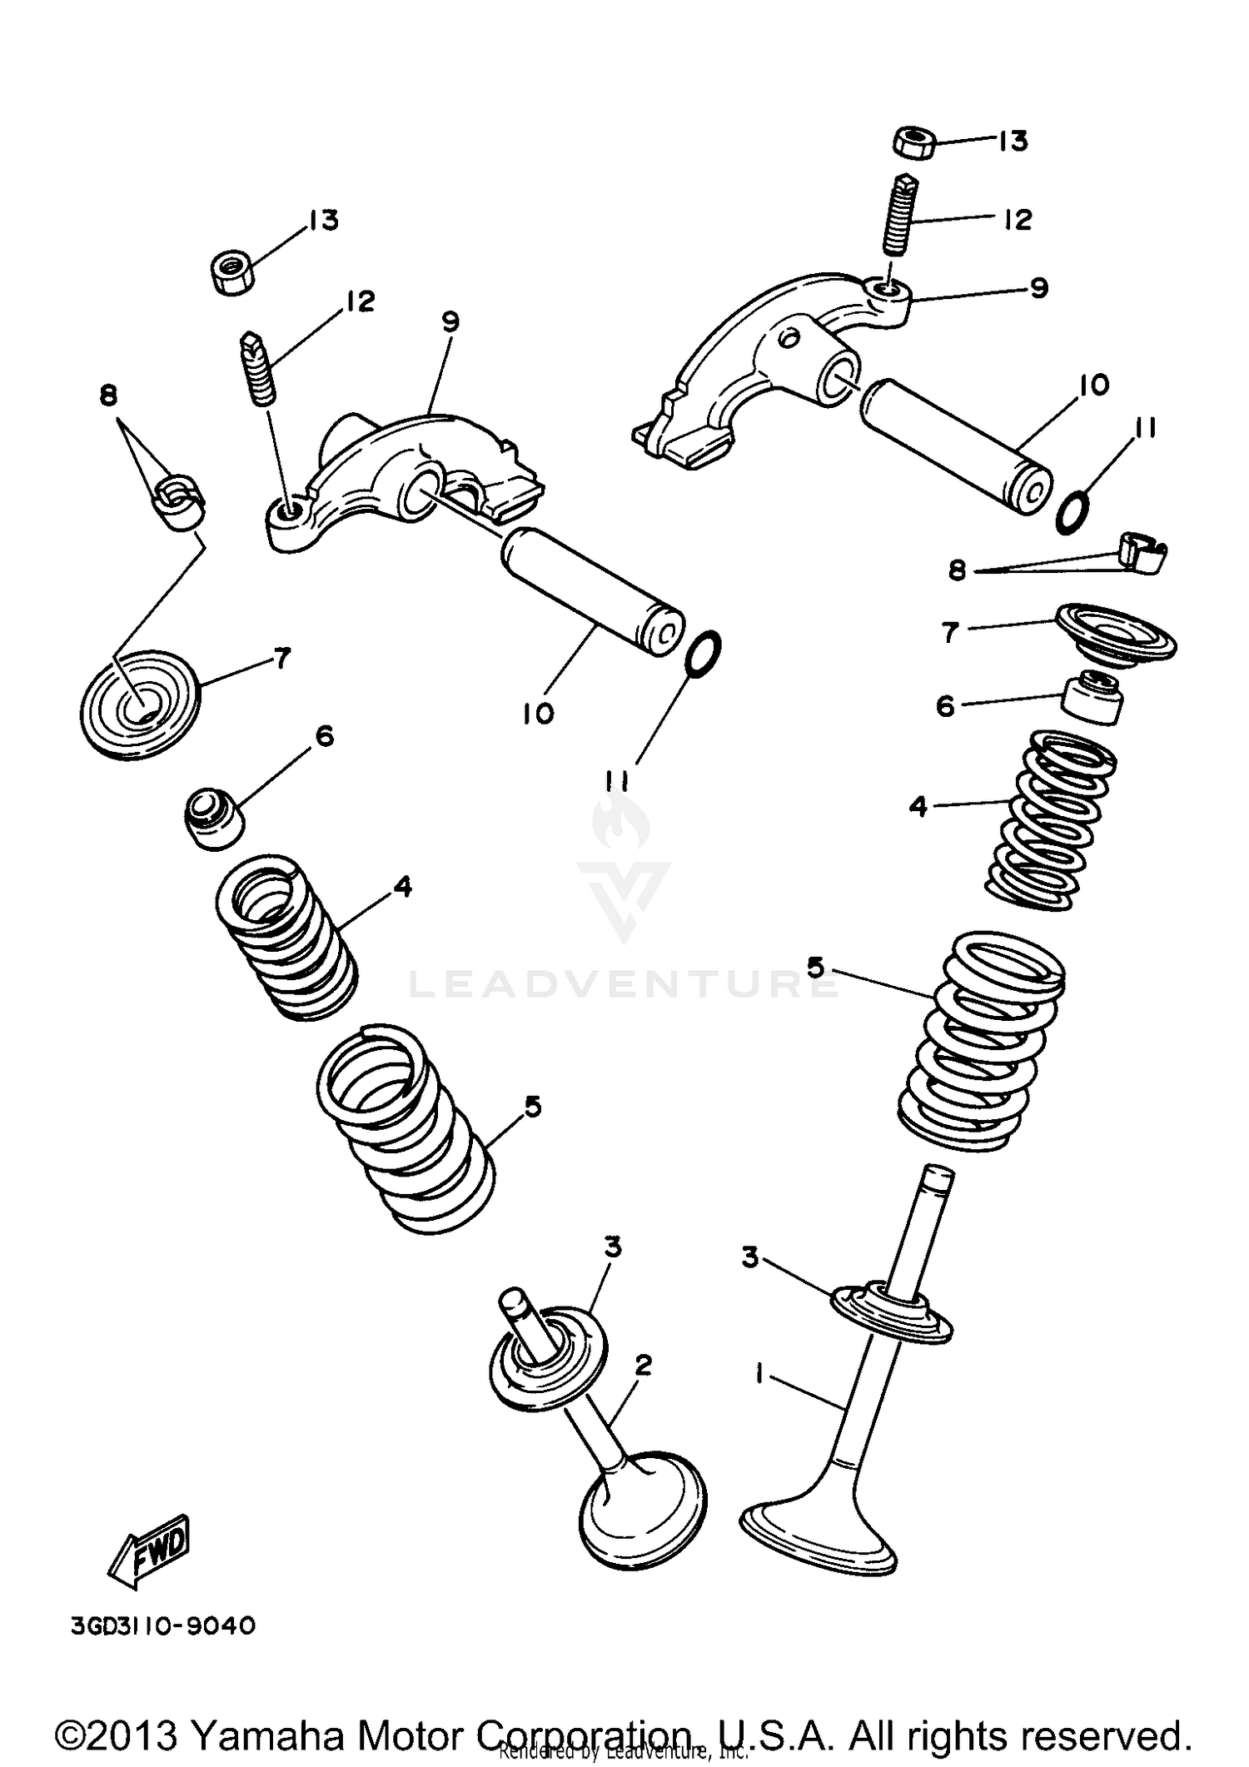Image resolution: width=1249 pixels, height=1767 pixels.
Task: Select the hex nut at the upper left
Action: click(231, 271)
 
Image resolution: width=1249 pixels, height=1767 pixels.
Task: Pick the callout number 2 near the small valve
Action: click(642, 1365)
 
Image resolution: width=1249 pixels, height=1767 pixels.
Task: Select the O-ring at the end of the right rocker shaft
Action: click(1073, 510)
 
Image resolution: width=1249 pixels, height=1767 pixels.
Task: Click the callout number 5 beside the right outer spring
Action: click(815, 968)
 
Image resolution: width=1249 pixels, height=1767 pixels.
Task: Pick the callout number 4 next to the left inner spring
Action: click(402, 888)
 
